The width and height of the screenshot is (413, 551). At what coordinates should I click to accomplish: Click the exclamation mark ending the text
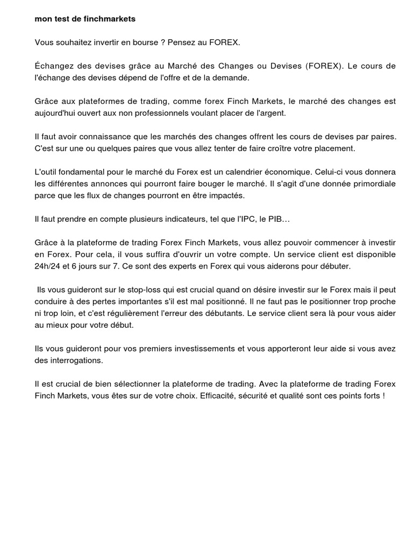(384, 396)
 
